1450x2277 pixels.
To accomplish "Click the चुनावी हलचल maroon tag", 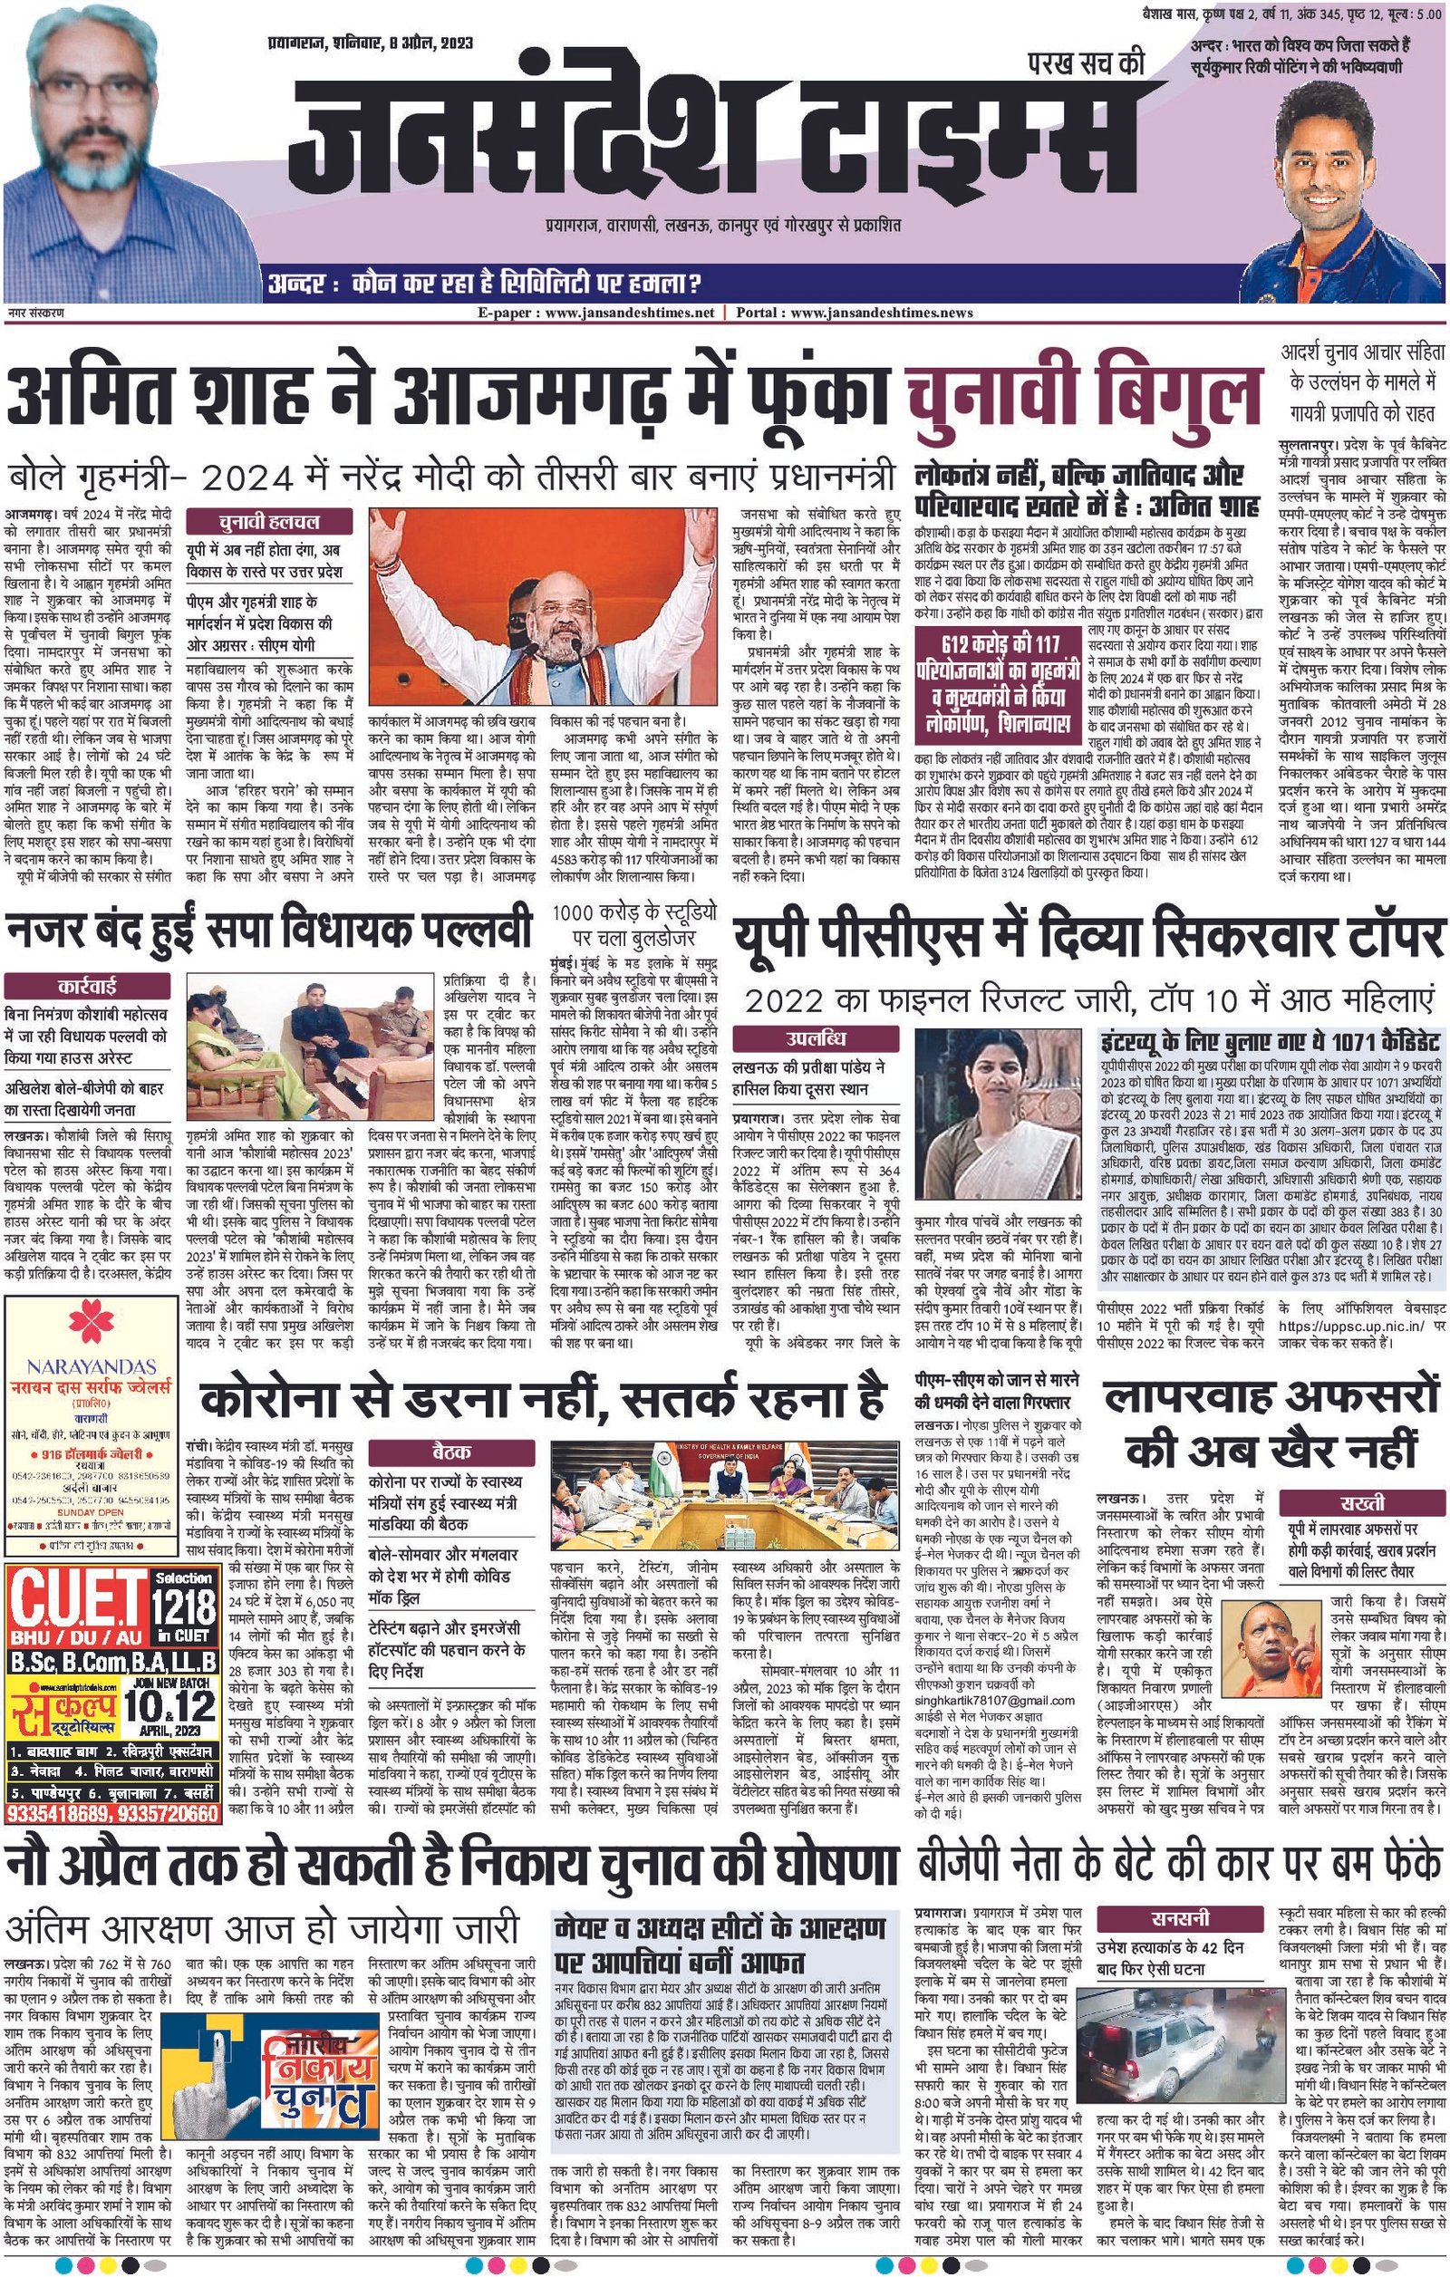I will pyautogui.click(x=269, y=522).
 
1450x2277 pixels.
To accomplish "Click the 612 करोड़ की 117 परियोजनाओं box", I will pyautogui.click(x=1000, y=663).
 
